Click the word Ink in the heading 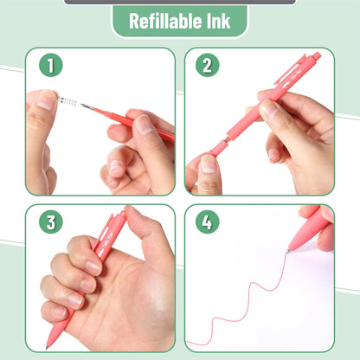pos(217,21)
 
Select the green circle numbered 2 pos(206,65)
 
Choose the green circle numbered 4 pos(206,222)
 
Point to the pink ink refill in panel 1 pos(130,120)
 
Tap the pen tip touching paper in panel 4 pos(289,251)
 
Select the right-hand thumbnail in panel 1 pos(144,125)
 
